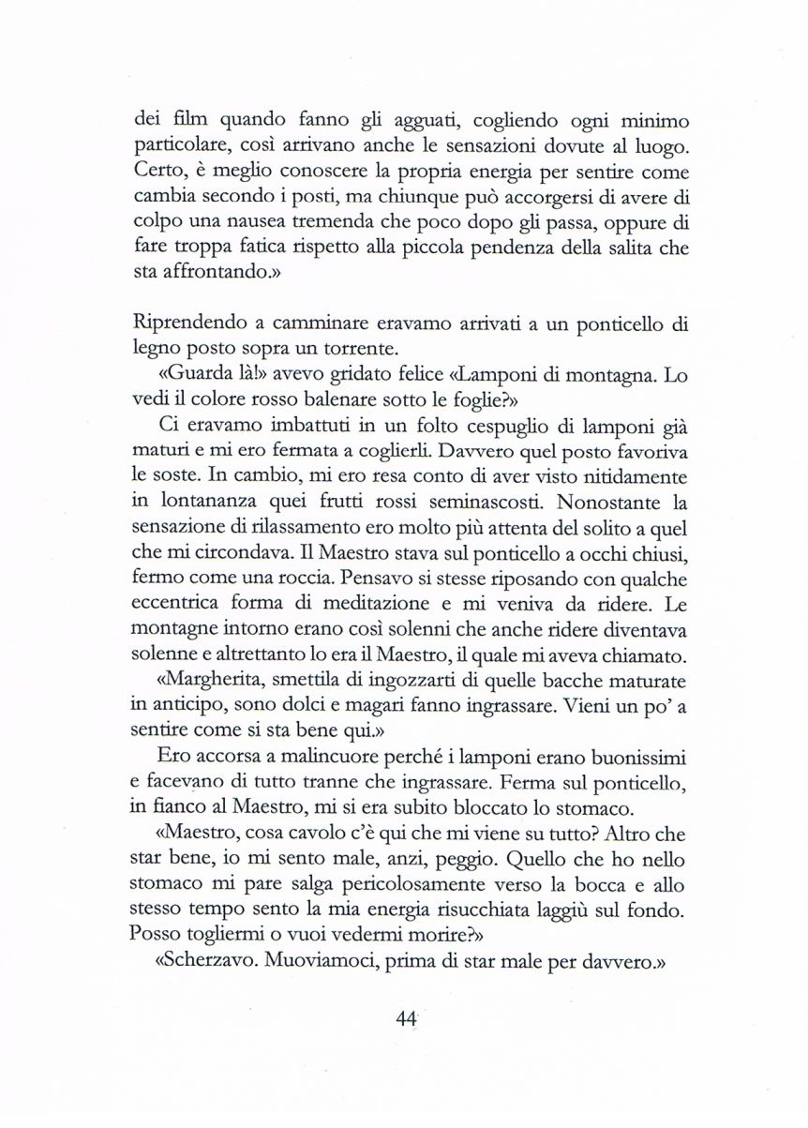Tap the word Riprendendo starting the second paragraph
click(188, 324)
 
